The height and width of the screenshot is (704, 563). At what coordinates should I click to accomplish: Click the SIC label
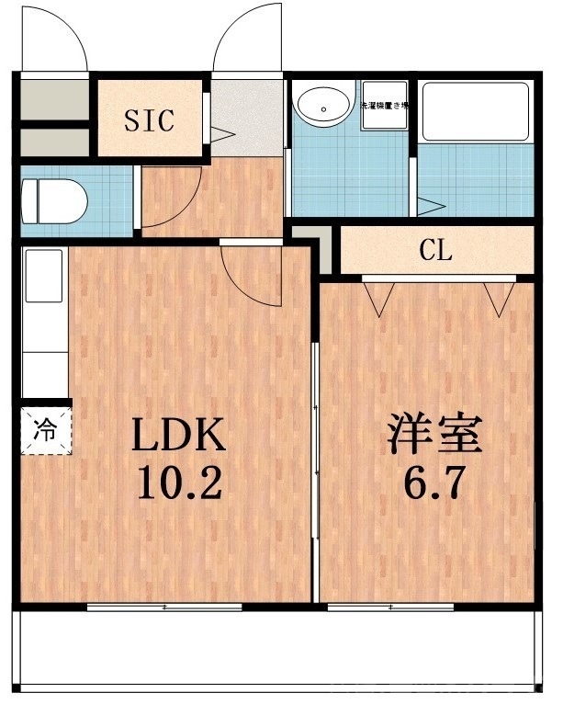click(x=150, y=121)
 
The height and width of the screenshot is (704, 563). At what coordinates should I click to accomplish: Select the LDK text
click(x=179, y=437)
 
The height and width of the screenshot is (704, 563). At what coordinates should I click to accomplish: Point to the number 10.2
click(x=179, y=483)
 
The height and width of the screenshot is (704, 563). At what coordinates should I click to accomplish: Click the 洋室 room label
click(x=434, y=437)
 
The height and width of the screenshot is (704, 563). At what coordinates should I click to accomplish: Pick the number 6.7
click(x=434, y=482)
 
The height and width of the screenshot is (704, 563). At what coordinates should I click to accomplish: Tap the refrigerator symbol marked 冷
click(x=44, y=428)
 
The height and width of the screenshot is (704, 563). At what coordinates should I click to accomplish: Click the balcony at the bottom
click(x=276, y=648)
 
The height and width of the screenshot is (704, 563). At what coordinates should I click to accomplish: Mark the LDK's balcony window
click(x=165, y=607)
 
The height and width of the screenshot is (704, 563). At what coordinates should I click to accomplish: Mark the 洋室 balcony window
click(x=390, y=607)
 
